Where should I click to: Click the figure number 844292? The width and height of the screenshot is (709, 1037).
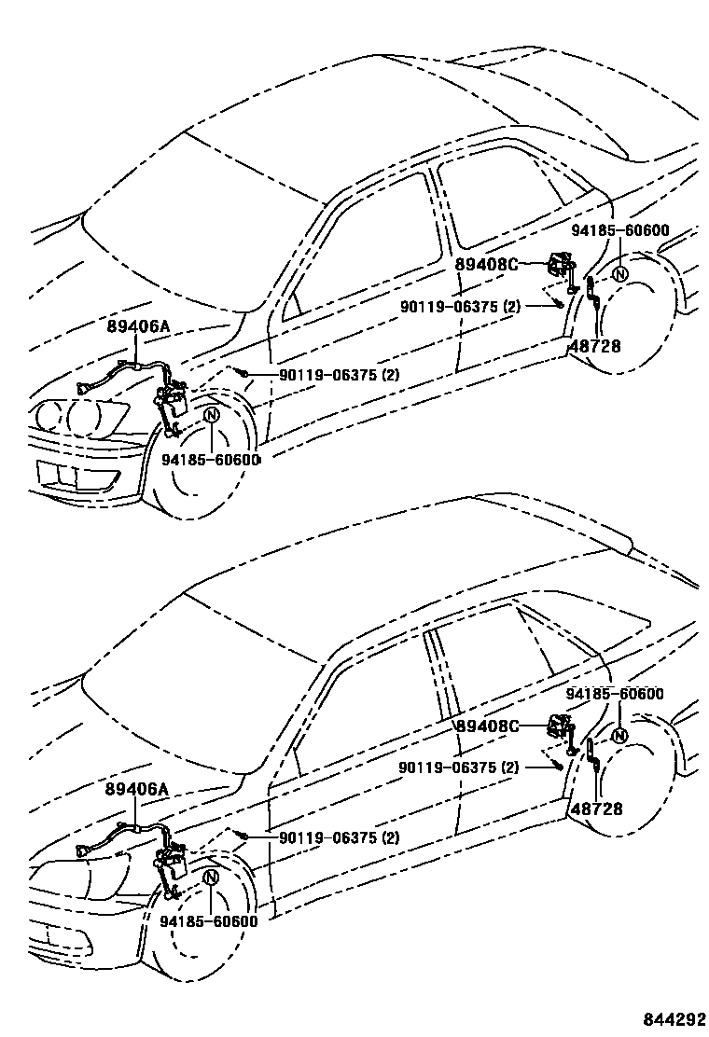[x=673, y=1018]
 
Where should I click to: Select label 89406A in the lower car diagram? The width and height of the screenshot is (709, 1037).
[x=137, y=789]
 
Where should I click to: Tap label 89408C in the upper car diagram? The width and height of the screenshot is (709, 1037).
[x=486, y=264]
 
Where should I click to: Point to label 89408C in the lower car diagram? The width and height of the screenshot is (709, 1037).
[x=486, y=726]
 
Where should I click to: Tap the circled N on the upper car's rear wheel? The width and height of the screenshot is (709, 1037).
[x=620, y=273]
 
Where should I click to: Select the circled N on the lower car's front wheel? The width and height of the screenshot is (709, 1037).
[x=211, y=878]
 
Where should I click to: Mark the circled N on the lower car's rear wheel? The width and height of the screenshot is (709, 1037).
[x=620, y=736]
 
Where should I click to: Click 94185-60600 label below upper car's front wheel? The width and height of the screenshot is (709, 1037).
[x=210, y=459]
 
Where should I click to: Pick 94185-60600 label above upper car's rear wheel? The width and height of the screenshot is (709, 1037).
[x=620, y=230]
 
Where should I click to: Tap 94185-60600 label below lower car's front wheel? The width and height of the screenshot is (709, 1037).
[x=209, y=921]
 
